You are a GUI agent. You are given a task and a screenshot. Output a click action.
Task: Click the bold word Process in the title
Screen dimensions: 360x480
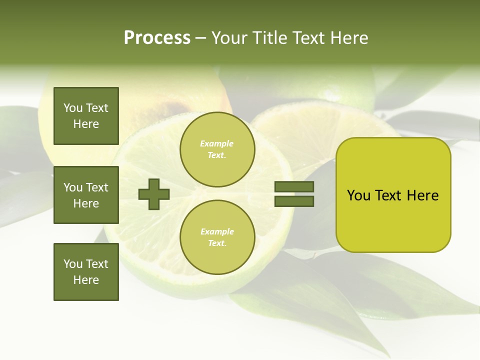[x=157, y=38]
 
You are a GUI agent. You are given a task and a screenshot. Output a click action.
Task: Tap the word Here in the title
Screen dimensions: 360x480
[x=350, y=38]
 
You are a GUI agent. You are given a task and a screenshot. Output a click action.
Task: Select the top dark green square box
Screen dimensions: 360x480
[x=86, y=116]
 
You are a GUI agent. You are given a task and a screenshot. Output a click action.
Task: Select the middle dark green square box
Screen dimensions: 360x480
[x=86, y=195]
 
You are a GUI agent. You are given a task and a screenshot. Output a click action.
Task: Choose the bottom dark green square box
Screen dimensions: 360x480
[x=86, y=271]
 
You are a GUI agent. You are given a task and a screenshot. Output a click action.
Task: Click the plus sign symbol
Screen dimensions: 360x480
[x=154, y=194]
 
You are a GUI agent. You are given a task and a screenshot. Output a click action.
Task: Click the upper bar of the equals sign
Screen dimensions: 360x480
[x=294, y=186]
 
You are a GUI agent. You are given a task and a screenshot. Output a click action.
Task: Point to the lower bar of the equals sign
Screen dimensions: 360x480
[x=294, y=201]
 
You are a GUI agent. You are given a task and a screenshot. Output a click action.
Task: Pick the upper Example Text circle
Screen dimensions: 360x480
[x=217, y=149]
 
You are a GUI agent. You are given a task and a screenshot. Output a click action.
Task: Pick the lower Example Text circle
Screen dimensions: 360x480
[x=217, y=237]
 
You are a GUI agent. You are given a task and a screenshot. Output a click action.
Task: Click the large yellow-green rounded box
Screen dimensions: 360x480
[x=393, y=195]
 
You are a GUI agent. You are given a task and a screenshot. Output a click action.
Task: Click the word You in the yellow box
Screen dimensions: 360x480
[x=358, y=195]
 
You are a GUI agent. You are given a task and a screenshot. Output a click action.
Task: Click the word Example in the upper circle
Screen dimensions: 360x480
[x=217, y=143]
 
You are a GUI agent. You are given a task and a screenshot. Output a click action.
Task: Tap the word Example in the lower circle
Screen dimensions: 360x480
[x=217, y=231]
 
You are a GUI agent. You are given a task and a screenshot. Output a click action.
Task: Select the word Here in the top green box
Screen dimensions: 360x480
[x=86, y=124]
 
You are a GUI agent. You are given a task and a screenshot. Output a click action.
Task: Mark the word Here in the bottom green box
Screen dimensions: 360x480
[x=86, y=280]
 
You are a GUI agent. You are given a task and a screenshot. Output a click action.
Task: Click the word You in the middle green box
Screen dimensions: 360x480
[x=73, y=187]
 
